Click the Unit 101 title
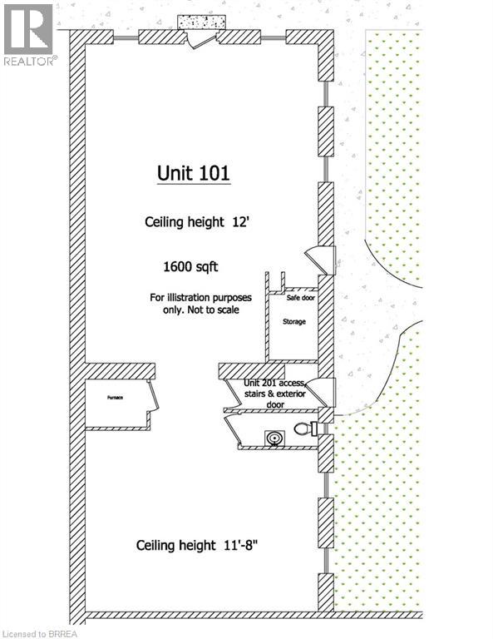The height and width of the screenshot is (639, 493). click(x=194, y=173)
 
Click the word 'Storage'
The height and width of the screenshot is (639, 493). click(x=294, y=320)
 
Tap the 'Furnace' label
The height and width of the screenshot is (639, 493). click(x=114, y=398)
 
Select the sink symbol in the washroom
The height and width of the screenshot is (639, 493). click(x=274, y=436)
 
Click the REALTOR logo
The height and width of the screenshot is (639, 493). click(x=29, y=34)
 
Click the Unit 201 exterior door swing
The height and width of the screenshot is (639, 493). click(x=323, y=391)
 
